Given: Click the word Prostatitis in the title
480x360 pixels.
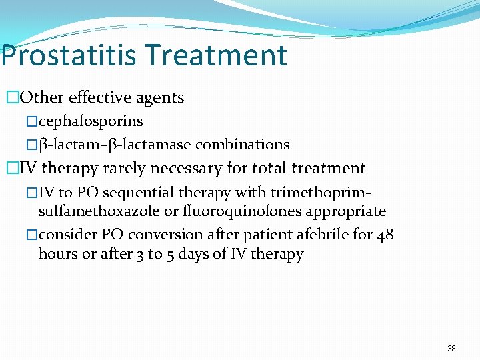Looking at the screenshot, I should click(68, 55).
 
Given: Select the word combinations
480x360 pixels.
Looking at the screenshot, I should click(242, 144).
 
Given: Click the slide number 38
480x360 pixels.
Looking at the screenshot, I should click(451, 349).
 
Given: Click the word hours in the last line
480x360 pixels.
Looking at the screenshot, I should click(58, 254).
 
